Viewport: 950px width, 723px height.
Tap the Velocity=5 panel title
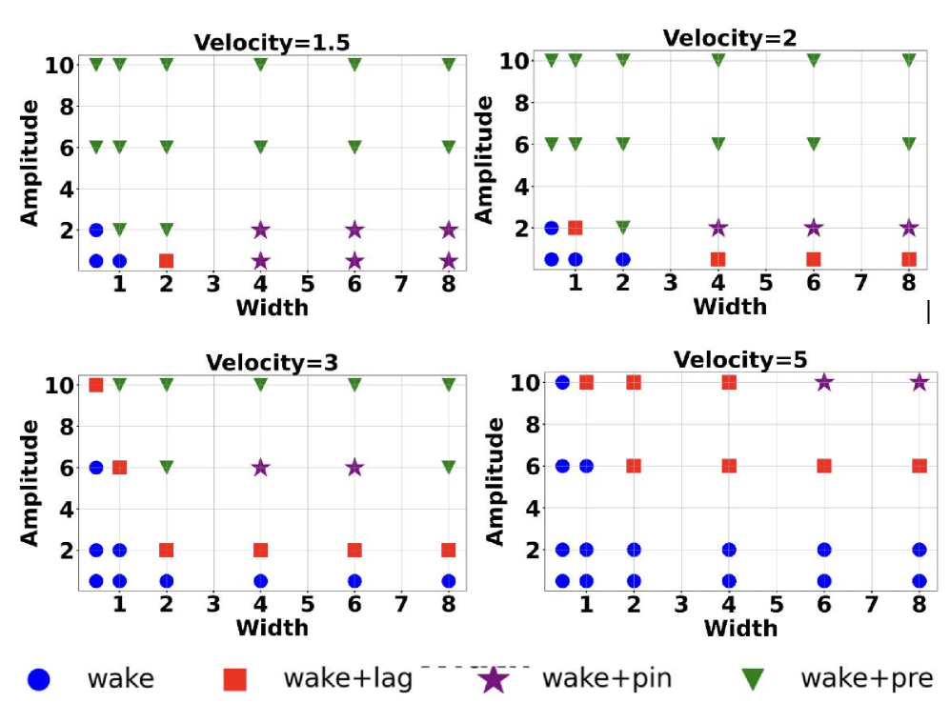739,360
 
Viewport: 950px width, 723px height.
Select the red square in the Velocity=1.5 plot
166,261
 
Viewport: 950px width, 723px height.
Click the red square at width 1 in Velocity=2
576,228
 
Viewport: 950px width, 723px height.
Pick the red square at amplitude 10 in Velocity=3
96,385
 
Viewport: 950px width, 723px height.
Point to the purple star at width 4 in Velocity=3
260,468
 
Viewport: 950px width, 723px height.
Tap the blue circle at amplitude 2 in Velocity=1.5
96,230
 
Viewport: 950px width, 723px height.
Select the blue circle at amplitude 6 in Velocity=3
96,468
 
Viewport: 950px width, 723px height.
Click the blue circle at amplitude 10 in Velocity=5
562,382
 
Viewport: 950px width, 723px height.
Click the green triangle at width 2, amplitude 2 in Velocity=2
623,228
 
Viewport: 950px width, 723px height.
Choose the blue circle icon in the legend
39,679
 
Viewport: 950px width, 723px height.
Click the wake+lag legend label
348,679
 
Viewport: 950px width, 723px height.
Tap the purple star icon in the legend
494,679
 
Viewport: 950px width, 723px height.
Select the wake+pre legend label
865,679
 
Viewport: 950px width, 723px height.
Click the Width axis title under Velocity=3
272,628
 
